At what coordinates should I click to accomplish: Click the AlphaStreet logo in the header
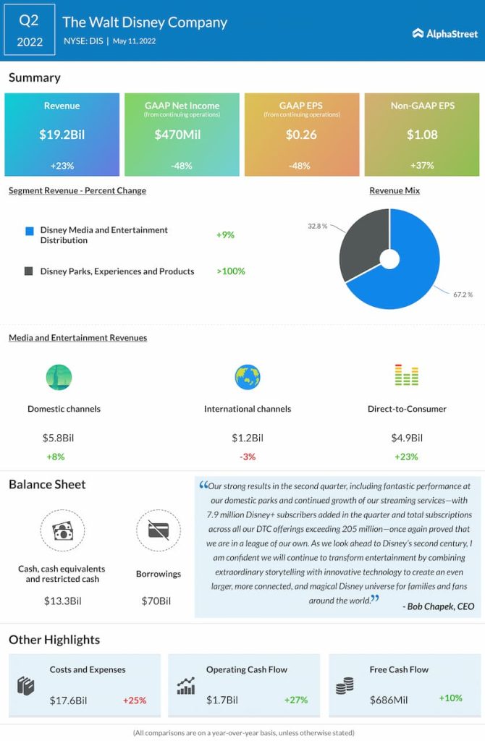(x=444, y=33)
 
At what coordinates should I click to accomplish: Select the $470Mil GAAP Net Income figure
(x=181, y=134)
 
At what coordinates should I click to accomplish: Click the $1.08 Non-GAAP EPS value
(x=422, y=134)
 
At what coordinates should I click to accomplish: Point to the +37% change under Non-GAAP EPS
(x=422, y=165)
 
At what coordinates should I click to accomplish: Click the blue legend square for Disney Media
(x=29, y=231)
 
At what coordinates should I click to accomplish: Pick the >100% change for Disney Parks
(x=230, y=271)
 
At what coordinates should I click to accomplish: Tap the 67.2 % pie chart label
(x=463, y=295)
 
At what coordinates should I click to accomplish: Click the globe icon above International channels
(x=248, y=377)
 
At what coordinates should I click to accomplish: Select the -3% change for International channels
(x=248, y=457)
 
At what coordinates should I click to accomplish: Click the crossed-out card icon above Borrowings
(x=158, y=531)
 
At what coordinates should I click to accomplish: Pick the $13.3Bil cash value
(x=62, y=601)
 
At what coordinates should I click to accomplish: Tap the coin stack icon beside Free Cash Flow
(x=345, y=686)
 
